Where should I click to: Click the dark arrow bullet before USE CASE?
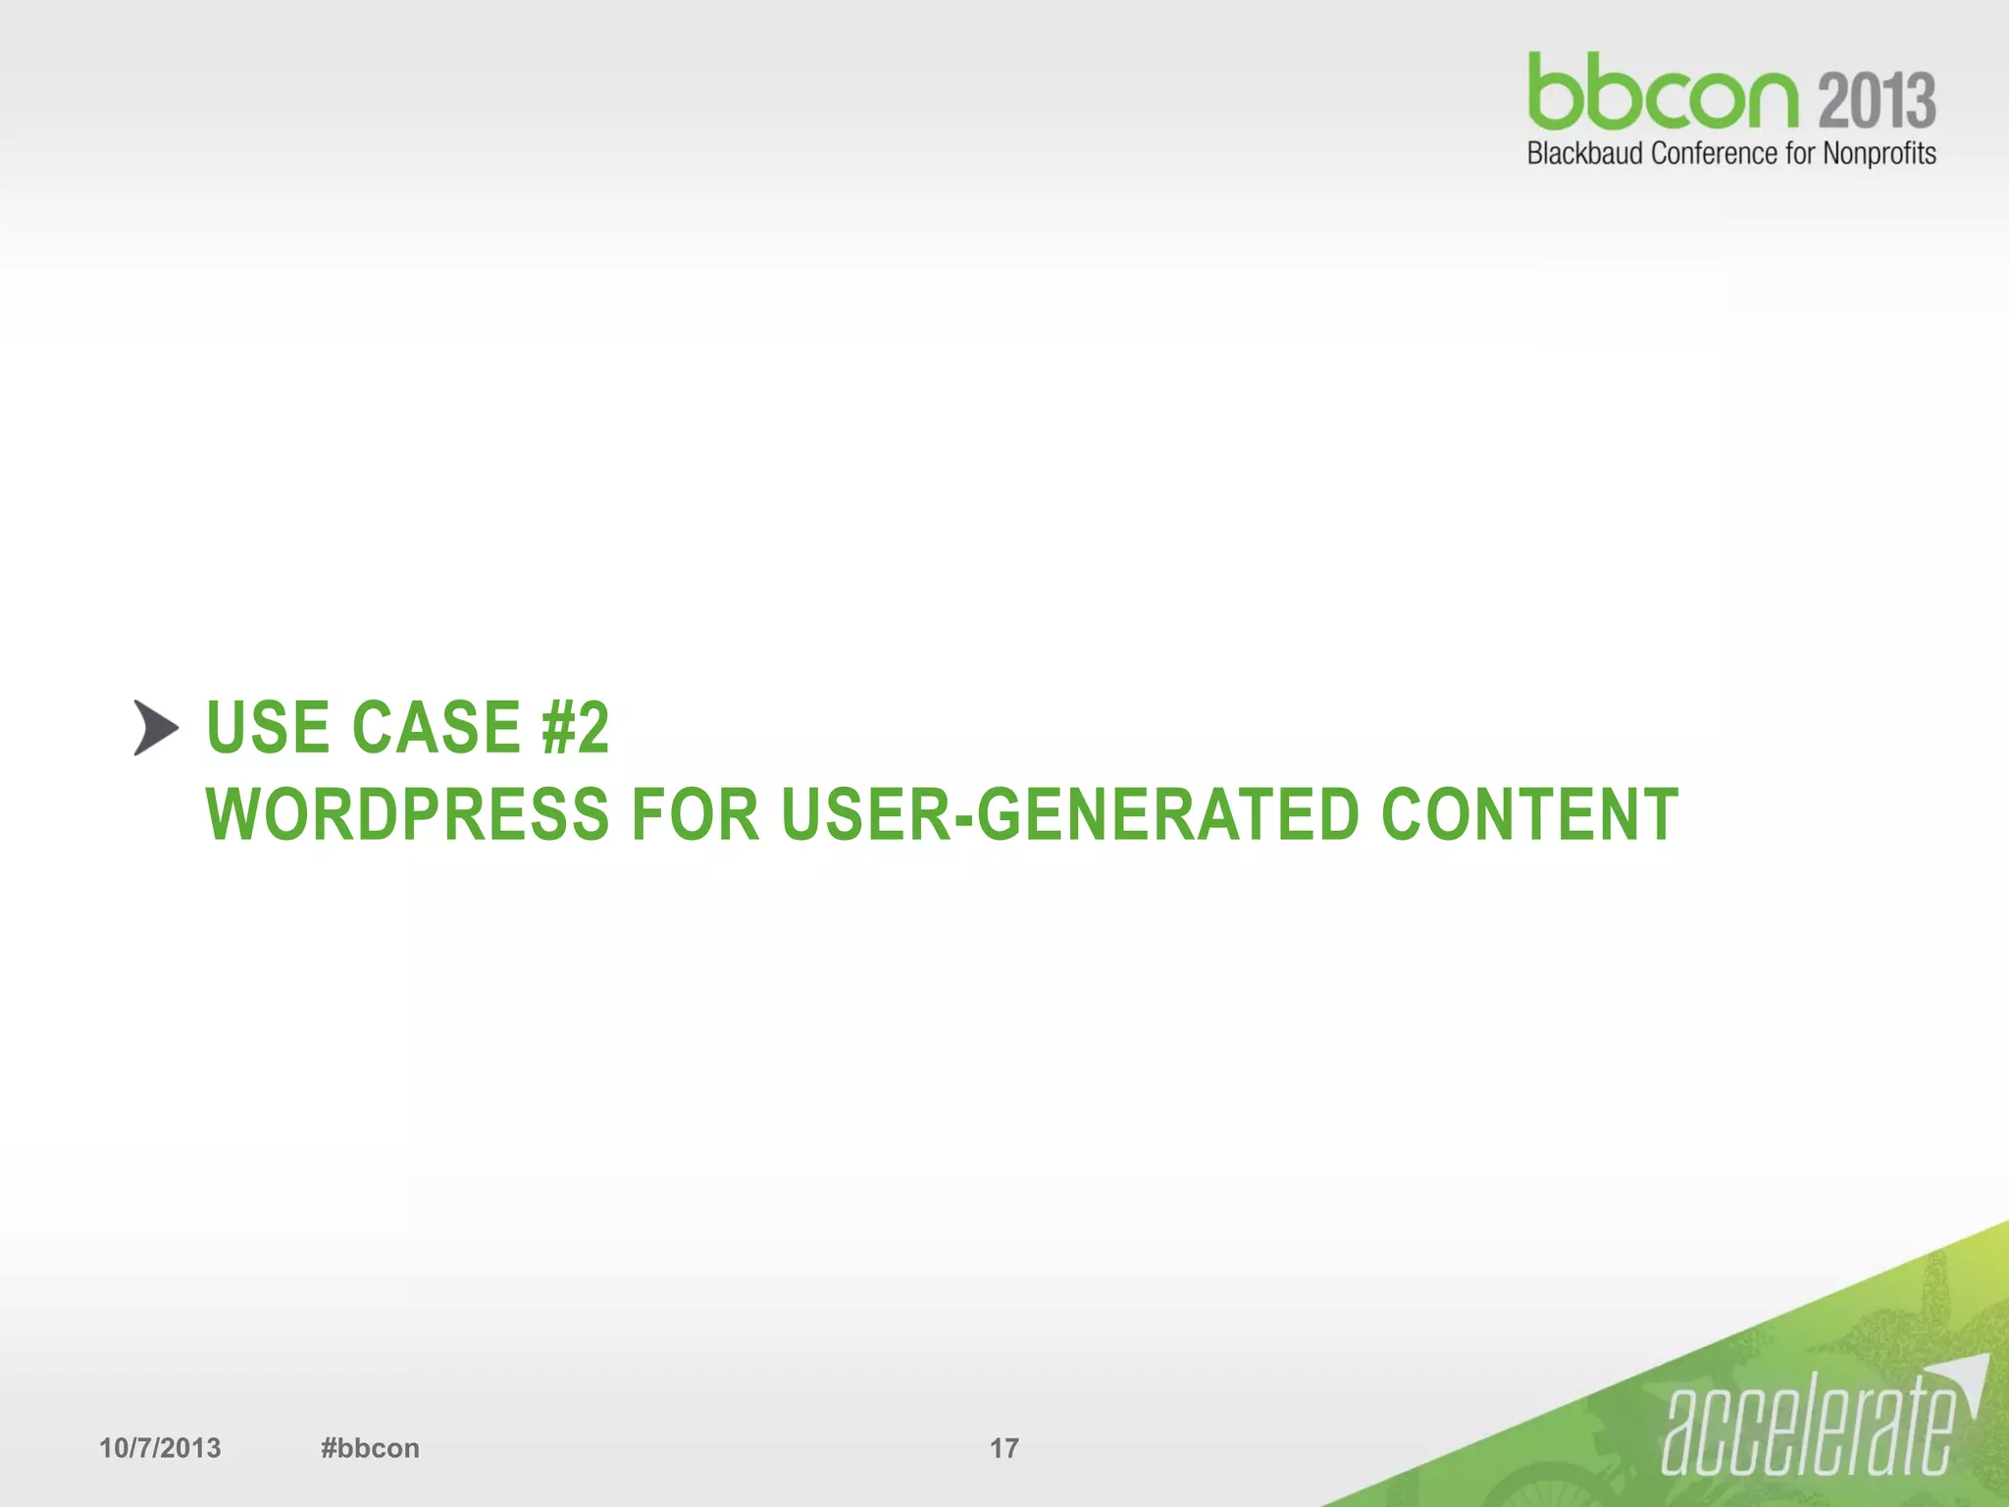[x=156, y=728]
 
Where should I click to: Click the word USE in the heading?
[x=267, y=728]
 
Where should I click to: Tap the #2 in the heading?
[x=575, y=728]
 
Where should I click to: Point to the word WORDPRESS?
[x=407, y=814]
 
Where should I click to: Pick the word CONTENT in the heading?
[x=1530, y=814]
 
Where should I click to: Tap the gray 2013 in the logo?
[x=1877, y=100]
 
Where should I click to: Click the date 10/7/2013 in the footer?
[x=160, y=1448]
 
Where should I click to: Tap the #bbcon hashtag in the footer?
[x=370, y=1448]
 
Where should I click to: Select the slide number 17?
[x=1004, y=1448]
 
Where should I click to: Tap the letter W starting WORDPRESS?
[x=232, y=814]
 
